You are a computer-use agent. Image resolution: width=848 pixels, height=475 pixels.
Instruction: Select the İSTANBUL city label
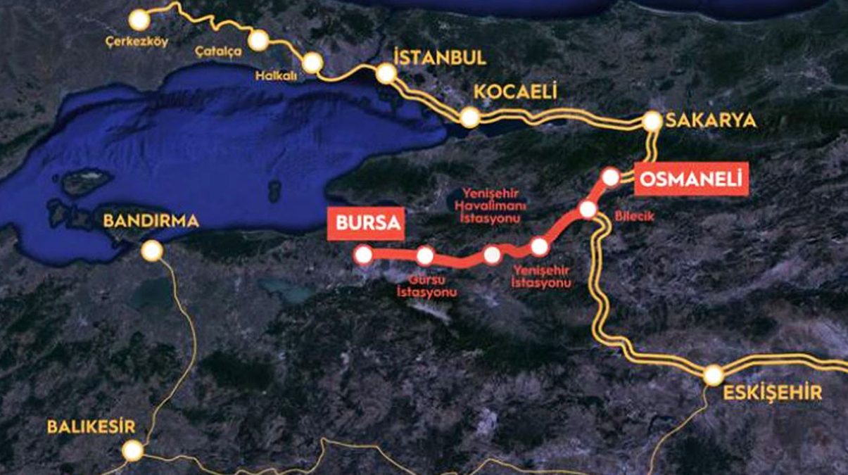click(x=441, y=58)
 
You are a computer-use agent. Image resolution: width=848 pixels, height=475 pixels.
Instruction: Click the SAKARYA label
click(x=711, y=120)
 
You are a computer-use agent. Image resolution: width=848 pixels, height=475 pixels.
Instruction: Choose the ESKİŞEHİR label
click(x=773, y=393)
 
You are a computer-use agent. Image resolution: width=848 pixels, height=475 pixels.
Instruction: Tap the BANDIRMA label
click(x=151, y=221)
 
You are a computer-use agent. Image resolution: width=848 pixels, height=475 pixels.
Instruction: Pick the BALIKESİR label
click(x=91, y=426)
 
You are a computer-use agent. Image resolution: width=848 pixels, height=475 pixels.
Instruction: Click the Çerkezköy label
click(x=137, y=42)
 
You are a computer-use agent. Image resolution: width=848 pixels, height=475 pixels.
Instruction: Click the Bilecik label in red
click(x=634, y=216)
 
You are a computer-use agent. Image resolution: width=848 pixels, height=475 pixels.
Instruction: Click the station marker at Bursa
click(x=364, y=255)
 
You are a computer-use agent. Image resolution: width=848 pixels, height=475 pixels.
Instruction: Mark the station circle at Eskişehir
click(x=714, y=375)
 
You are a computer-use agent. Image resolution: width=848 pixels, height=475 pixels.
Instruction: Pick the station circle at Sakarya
click(x=652, y=122)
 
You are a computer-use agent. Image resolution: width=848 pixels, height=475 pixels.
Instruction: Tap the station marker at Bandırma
click(x=152, y=251)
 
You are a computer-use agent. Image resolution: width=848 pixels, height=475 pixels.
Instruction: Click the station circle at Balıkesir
click(x=132, y=450)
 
